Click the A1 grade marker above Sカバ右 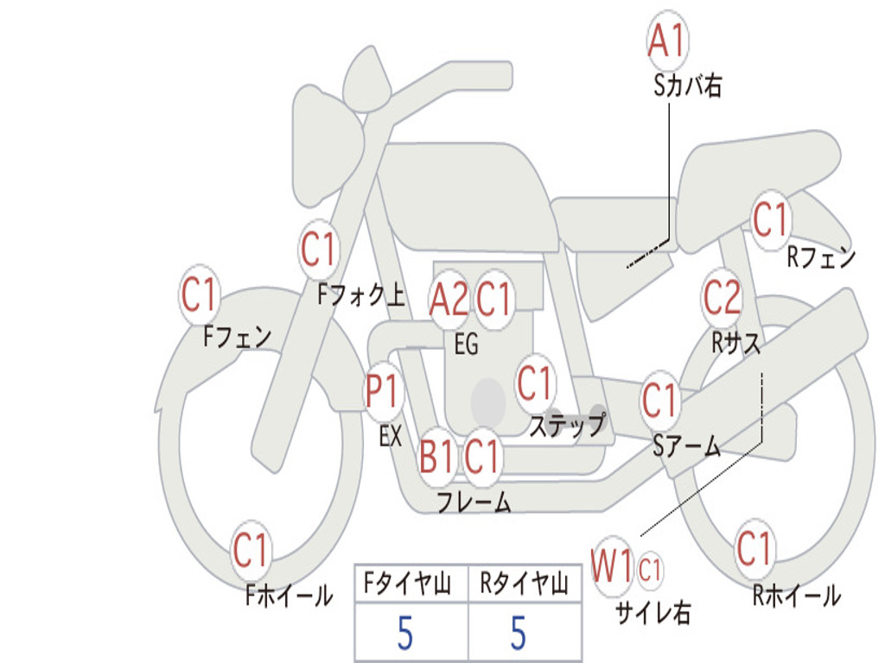pyautogui.click(x=667, y=41)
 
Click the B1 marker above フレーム pyautogui.click(x=436, y=455)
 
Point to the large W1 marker pyautogui.click(x=612, y=567)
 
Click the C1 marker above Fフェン pyautogui.click(x=200, y=295)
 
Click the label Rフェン pyautogui.click(x=820, y=257)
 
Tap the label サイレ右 pyautogui.click(x=653, y=613)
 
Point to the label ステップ pyautogui.click(x=566, y=426)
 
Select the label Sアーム pyautogui.click(x=686, y=445)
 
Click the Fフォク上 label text pyautogui.click(x=360, y=296)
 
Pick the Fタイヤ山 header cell pyautogui.click(x=411, y=585)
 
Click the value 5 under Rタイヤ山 pyautogui.click(x=518, y=634)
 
